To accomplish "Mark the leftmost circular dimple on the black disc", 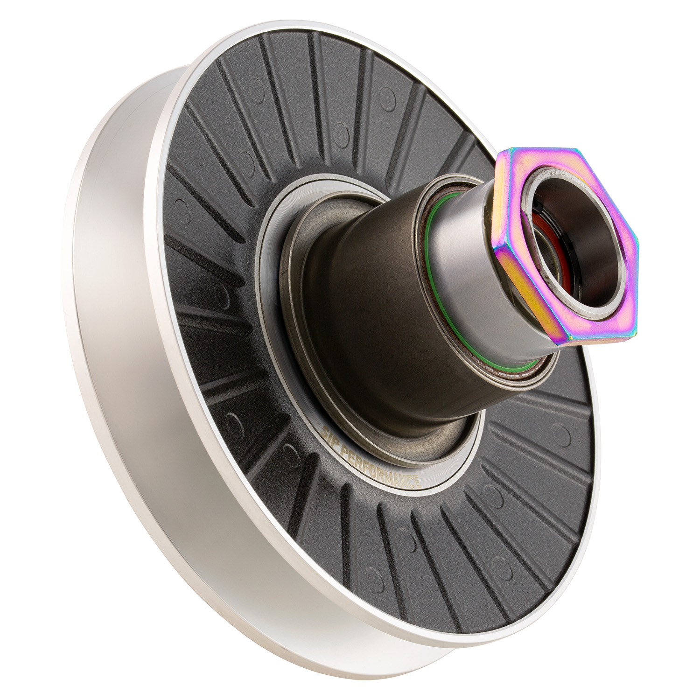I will click(179, 205).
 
